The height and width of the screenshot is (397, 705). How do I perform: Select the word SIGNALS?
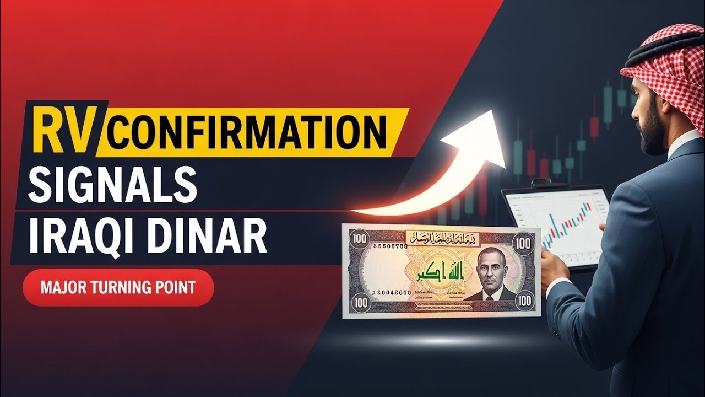[113, 184]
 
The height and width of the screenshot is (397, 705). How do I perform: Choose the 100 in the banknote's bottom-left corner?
[360, 302]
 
